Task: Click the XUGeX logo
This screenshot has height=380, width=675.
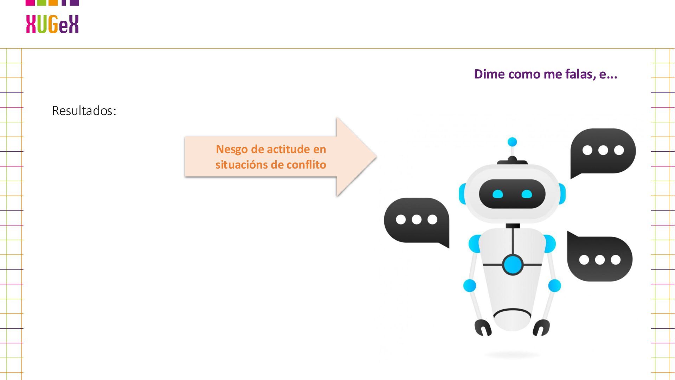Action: (52, 24)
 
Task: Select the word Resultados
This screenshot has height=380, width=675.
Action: (84, 111)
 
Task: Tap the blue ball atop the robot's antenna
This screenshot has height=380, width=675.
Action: (512, 142)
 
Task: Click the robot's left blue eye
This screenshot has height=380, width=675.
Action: (498, 194)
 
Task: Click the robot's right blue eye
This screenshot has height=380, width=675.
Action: (527, 194)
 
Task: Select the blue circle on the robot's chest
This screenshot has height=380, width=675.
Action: (513, 265)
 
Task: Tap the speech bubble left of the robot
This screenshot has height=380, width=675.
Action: (416, 220)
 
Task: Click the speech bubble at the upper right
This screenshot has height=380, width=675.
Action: (603, 151)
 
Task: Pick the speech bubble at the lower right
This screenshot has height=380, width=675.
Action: (600, 259)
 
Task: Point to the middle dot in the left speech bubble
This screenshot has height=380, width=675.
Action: (417, 220)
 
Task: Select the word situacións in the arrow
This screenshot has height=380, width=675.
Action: (242, 165)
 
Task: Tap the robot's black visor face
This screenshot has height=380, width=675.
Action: (512, 194)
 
